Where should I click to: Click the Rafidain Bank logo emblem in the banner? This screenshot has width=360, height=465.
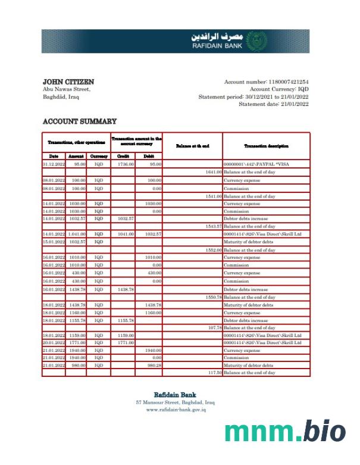[x=256, y=41]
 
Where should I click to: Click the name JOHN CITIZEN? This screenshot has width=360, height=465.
[x=68, y=82]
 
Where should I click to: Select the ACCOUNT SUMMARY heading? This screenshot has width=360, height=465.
[x=80, y=121]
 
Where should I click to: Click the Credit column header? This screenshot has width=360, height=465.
[x=123, y=156]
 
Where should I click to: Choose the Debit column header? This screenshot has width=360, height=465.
[x=148, y=156]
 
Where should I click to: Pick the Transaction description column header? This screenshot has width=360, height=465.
[x=266, y=146]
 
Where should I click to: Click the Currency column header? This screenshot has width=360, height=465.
[x=98, y=156]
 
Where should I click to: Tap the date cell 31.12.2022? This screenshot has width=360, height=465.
[x=54, y=164]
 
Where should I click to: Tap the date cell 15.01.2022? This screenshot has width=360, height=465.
[x=54, y=242]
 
